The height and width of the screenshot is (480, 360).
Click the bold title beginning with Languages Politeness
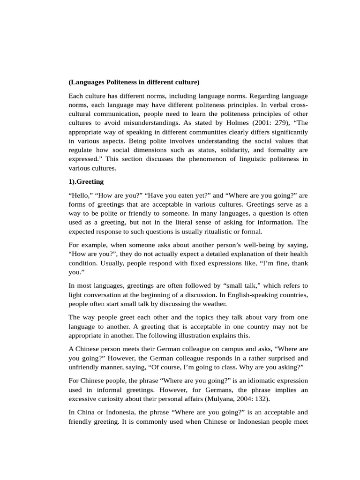pyautogui.click(x=134, y=82)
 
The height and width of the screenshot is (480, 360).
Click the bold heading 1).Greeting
pyautogui.click(x=86, y=181)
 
